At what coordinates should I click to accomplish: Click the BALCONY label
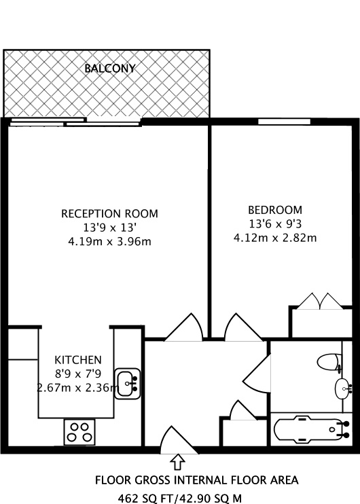coord(109,69)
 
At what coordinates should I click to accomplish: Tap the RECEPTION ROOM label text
coord(109,213)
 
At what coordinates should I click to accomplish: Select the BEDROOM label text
coord(274,210)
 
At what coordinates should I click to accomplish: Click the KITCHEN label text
coord(78,359)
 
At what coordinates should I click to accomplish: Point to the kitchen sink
coord(127,383)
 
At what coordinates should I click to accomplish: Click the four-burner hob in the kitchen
coord(79,432)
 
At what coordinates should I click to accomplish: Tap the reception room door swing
coord(183,328)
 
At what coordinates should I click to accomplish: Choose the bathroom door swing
coord(258,374)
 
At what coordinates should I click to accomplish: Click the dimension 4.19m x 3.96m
coord(109,240)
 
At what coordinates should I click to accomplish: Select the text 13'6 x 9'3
coord(274,223)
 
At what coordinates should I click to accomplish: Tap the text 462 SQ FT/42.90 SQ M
coord(179,497)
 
